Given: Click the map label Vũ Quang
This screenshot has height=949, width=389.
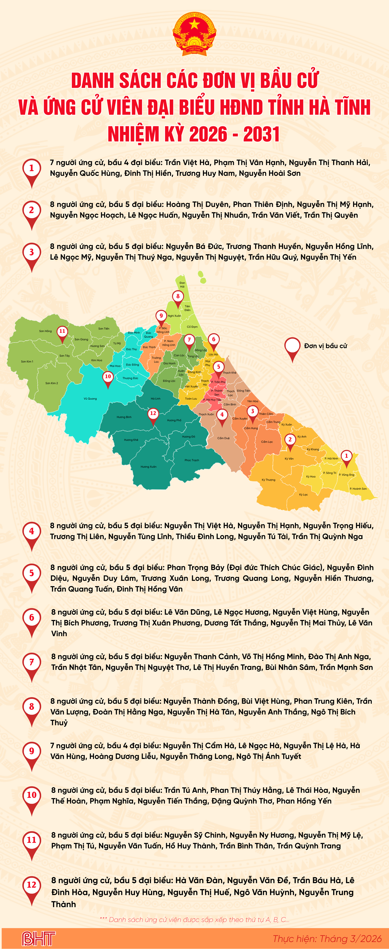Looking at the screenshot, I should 90,399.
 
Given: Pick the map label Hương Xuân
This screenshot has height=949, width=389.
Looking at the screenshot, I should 148,467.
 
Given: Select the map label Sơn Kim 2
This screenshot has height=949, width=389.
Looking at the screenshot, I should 52,383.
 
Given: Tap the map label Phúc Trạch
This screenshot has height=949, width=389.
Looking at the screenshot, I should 192,460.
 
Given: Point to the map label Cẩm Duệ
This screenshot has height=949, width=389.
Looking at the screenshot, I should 223,438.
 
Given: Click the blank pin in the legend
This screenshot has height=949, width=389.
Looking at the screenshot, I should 293,346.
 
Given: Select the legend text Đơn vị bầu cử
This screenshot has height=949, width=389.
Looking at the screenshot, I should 326,346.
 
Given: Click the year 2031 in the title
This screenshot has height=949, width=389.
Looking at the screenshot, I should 261,134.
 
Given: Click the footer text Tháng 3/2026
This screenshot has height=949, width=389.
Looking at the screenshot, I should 350,938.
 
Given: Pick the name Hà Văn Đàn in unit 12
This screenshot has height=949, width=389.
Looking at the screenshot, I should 199,881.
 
